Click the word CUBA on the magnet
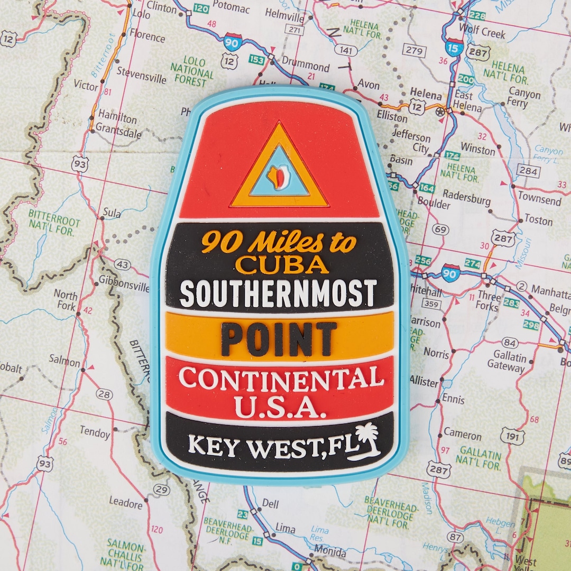coord(281,264)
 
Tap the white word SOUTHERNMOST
coord(278,293)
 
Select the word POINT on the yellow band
coord(279,339)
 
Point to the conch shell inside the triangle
coord(278,176)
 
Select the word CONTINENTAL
coord(281,378)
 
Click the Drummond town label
coord(306,67)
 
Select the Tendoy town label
coord(95,432)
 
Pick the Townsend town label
coord(539,200)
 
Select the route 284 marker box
coord(527,171)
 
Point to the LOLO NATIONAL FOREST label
coord(191,71)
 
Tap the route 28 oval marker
coord(104,394)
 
